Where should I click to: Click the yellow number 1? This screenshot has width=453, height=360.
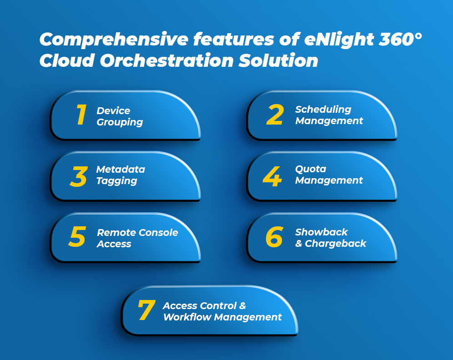(x=81, y=115)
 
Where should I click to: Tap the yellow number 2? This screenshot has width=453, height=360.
(x=275, y=115)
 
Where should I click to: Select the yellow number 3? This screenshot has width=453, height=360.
(x=79, y=176)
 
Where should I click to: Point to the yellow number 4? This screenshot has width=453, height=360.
(x=272, y=176)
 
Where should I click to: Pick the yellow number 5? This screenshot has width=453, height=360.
(x=77, y=236)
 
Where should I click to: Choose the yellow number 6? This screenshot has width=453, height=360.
(x=274, y=237)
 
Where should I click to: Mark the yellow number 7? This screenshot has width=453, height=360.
(x=147, y=310)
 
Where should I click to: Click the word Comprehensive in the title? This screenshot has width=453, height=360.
(x=114, y=40)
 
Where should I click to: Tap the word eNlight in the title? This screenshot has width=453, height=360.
(x=339, y=40)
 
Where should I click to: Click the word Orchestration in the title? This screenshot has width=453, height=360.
(x=167, y=60)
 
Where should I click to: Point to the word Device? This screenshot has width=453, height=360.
(x=113, y=110)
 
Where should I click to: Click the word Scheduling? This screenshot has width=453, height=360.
(x=323, y=110)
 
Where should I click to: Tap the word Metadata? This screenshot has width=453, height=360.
(x=121, y=169)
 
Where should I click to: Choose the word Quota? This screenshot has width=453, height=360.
(x=311, y=169)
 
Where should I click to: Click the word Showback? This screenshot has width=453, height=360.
(x=321, y=232)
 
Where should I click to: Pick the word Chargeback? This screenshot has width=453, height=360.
(x=335, y=243)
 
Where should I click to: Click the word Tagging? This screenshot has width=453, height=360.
(x=117, y=181)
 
